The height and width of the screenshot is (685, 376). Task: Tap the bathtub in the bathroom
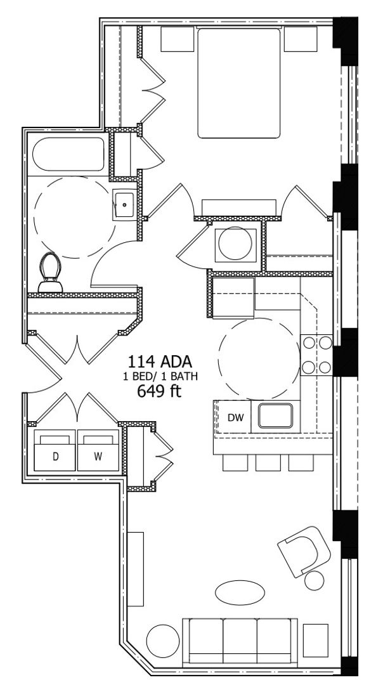[68, 155]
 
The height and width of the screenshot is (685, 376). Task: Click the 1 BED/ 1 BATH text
[160, 376]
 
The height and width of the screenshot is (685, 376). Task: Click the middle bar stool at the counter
[268, 463]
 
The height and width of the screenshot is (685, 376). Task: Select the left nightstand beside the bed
[177, 39]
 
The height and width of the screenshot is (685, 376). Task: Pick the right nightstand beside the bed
[300, 39]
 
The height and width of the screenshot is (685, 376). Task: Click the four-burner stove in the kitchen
[316, 355]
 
